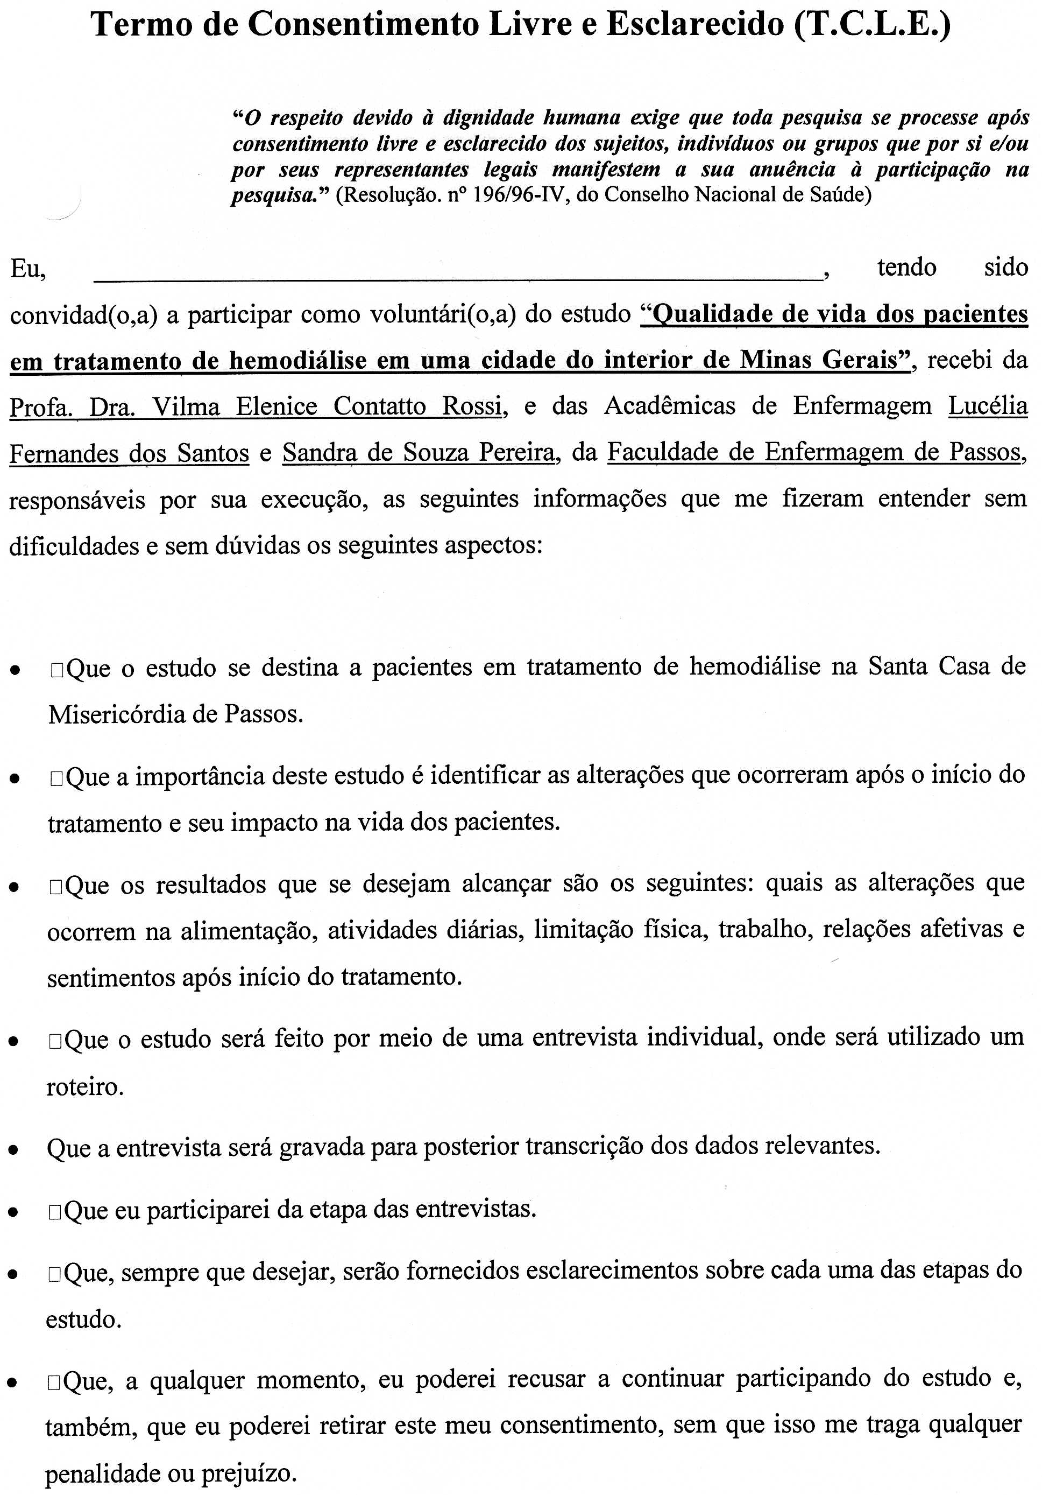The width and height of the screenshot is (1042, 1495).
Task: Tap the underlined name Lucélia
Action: (987, 406)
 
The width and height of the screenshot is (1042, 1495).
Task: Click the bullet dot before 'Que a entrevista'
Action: (13, 1150)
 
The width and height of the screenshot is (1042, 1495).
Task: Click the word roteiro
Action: (84, 1087)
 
